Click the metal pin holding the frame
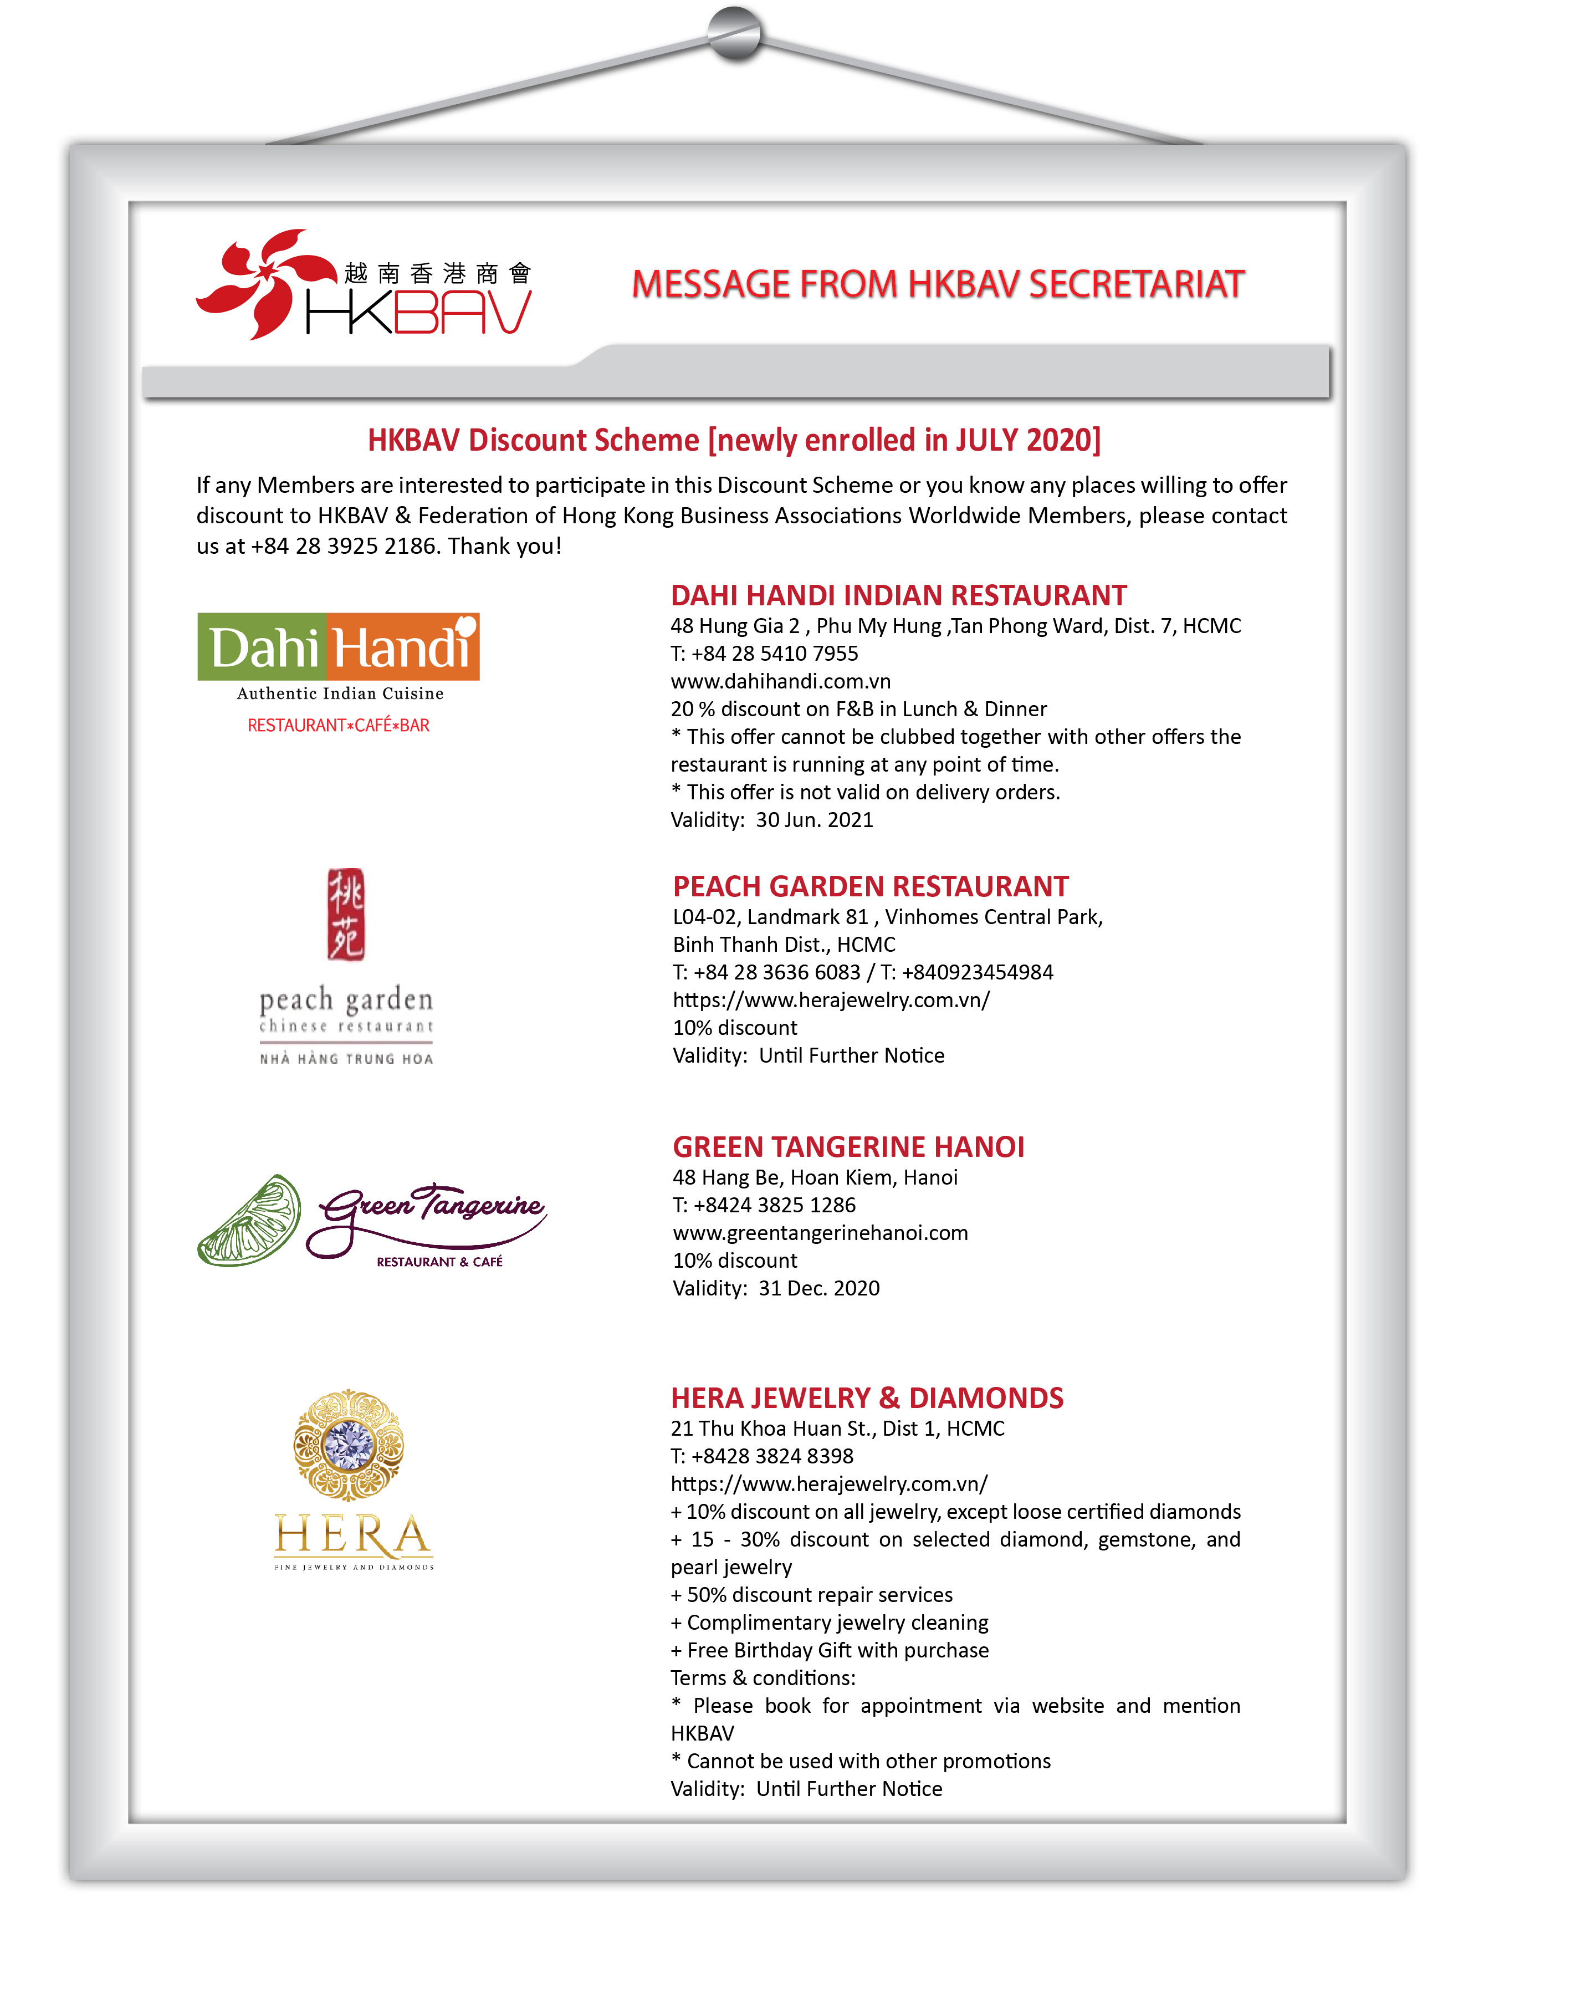coord(735,33)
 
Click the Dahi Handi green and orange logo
coord(338,647)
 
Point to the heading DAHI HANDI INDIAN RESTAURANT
coord(898,595)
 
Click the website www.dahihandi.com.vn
coord(780,681)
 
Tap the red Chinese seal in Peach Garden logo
coord(346,915)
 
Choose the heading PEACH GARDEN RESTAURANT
coord(870,887)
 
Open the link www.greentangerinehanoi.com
coord(820,1233)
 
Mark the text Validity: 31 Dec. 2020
coord(776,1288)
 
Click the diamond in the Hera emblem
coord(349,1444)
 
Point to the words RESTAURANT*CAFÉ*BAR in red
coord(338,726)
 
